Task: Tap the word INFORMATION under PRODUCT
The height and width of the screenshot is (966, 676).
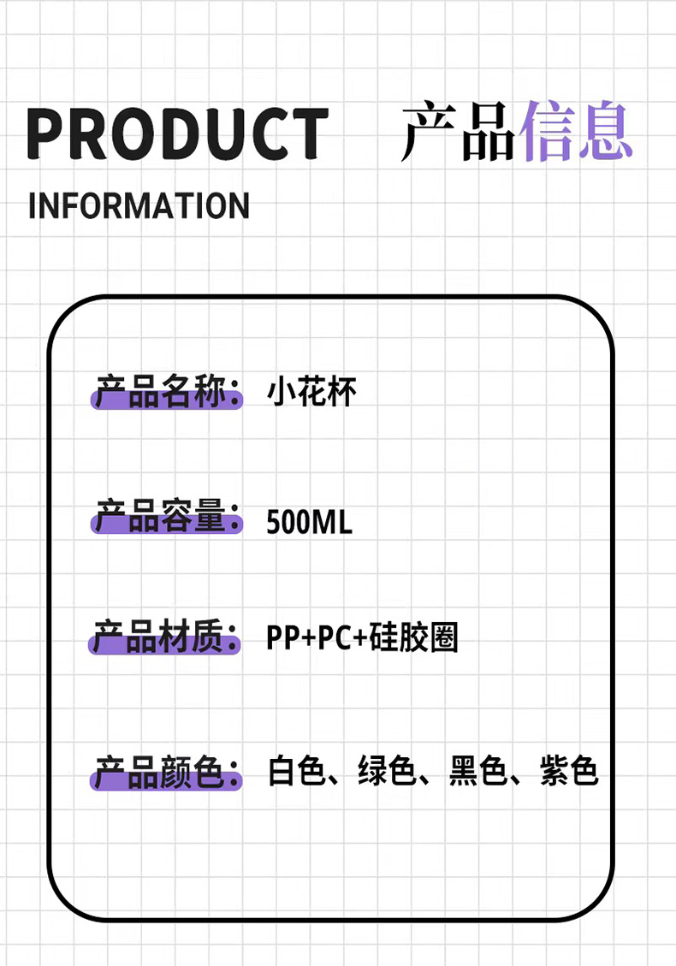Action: pyautogui.click(x=139, y=206)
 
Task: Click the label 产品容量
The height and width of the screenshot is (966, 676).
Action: pyautogui.click(x=165, y=519)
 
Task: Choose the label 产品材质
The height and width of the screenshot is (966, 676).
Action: pyautogui.click(x=165, y=638)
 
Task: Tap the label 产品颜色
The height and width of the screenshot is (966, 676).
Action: pyautogui.click(x=165, y=773)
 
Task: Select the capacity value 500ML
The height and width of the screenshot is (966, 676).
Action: pyautogui.click(x=309, y=521)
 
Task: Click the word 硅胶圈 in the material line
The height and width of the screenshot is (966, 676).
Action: pyautogui.click(x=415, y=638)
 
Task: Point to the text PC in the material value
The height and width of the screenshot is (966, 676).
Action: pyautogui.click(x=335, y=638)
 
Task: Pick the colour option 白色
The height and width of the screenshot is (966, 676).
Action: pyautogui.click(x=296, y=771)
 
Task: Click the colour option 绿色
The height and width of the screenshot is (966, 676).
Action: pyautogui.click(x=387, y=771)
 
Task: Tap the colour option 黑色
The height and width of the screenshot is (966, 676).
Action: pyautogui.click(x=478, y=771)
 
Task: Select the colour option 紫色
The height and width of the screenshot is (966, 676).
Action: pyautogui.click(x=569, y=771)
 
